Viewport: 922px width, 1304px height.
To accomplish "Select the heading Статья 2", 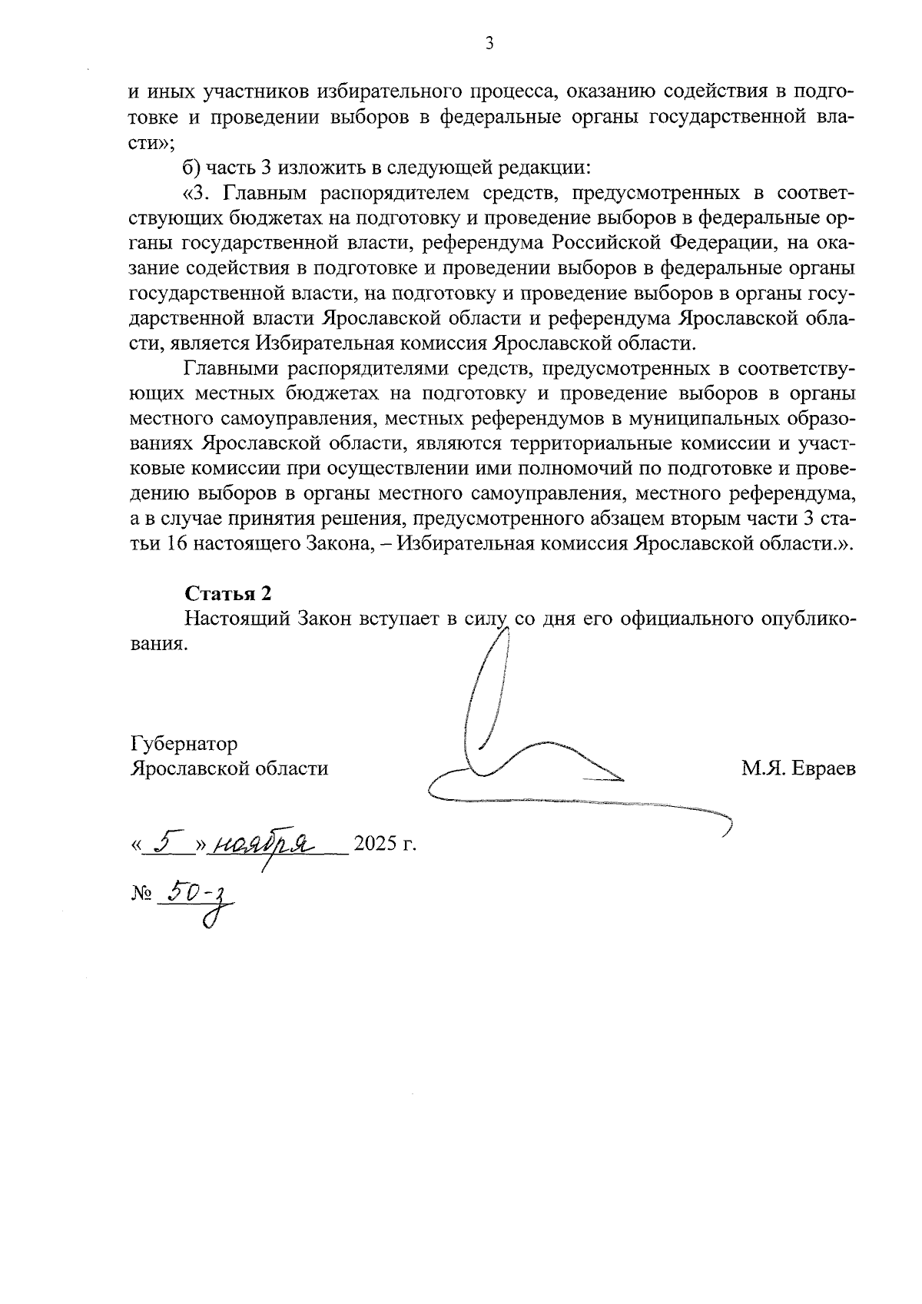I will (x=228, y=593).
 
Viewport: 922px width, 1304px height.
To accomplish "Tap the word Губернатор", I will (x=184, y=744).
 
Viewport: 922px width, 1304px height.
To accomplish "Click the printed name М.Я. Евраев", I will (x=798, y=768).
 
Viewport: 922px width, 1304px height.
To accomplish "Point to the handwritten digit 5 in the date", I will (x=164, y=844).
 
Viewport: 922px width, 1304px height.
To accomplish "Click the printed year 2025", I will (x=374, y=846).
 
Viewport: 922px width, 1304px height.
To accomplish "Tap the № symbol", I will (x=141, y=894).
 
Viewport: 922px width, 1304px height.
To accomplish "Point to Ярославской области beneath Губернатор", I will (x=230, y=768).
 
